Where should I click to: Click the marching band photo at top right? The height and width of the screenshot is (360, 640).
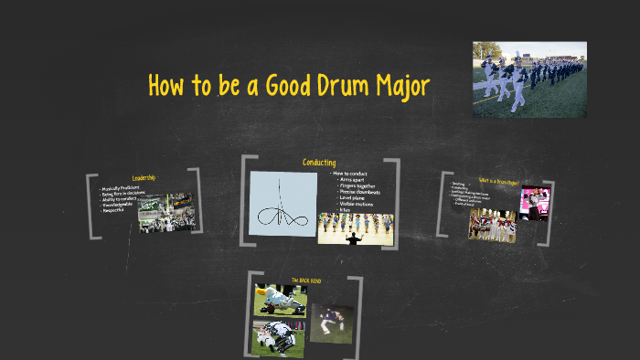pos(529,79)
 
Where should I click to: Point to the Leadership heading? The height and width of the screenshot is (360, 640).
pos(144,177)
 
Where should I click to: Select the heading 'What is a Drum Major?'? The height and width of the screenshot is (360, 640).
pos(498,181)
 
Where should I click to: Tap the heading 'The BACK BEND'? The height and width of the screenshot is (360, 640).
pos(306,280)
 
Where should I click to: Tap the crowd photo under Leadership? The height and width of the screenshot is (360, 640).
pos(165,211)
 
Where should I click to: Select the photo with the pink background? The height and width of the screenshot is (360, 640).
pos(535,203)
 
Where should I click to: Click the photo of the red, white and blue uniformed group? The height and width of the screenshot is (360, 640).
pos(491,225)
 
